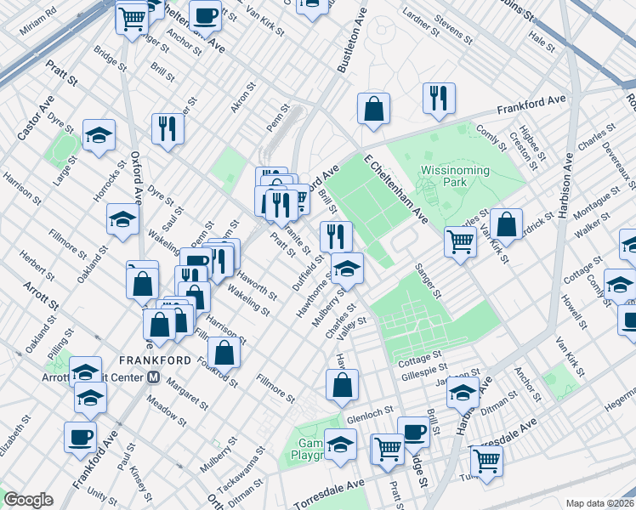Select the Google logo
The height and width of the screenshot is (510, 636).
(x=28, y=500)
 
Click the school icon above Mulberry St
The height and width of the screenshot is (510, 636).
(x=347, y=269)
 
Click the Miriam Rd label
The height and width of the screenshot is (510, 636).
(x=40, y=18)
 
